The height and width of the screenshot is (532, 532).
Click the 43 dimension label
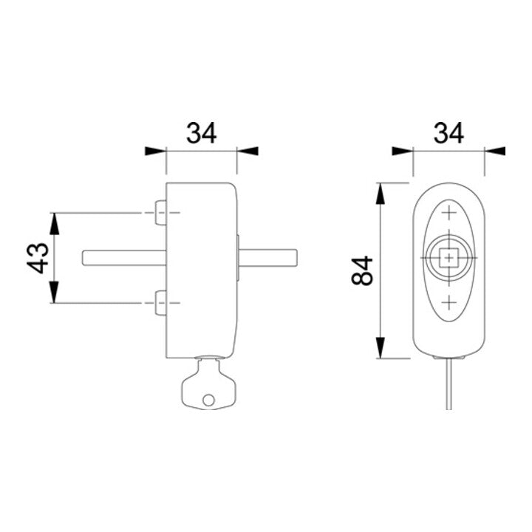click(38, 258)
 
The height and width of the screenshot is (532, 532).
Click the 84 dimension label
click(362, 270)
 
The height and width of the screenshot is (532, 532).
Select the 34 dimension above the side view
click(202, 133)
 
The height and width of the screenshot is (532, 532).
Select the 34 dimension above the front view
click(449, 133)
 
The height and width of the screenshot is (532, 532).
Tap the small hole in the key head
click(208, 400)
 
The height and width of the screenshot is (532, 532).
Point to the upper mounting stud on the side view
click(161, 213)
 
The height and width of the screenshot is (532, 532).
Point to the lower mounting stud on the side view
click(161, 303)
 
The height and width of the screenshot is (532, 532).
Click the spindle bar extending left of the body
click(125, 258)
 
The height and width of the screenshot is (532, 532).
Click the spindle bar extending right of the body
click(268, 258)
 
